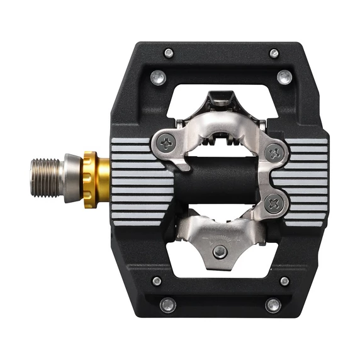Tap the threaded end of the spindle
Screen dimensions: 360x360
(46, 169)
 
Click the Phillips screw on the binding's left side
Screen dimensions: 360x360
(166, 143)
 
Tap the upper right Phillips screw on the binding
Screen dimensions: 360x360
(272, 152)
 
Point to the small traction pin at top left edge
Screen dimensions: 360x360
(168, 53)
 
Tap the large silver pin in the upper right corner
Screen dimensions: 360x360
(284, 77)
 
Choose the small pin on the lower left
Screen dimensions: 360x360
(157, 281)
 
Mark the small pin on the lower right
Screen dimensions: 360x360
(284, 281)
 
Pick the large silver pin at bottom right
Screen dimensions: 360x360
(273, 305)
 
